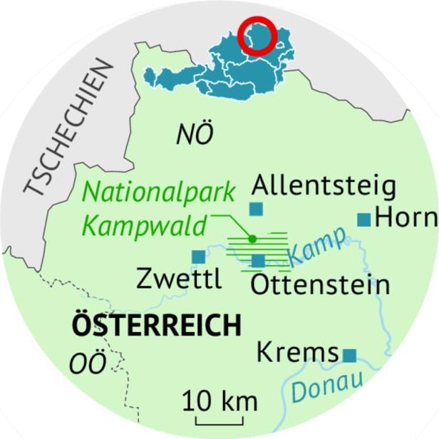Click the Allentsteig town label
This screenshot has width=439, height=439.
coord(324,187)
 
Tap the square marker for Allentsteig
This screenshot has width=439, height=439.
coord(256,208)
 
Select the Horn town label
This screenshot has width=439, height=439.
coord(406,218)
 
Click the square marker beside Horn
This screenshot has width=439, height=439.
coord(364,219)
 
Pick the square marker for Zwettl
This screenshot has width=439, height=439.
coord(197,256)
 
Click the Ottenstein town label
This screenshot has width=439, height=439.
coord(321,285)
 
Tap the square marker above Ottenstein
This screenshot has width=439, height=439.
coord(258,261)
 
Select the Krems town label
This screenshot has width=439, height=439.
coord(296,352)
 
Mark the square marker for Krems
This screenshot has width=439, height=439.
coord(349,354)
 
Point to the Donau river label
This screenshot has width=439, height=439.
coord(328,386)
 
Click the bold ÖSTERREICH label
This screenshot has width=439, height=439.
coord(156,326)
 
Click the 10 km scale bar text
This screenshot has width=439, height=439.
coord(219,401)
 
